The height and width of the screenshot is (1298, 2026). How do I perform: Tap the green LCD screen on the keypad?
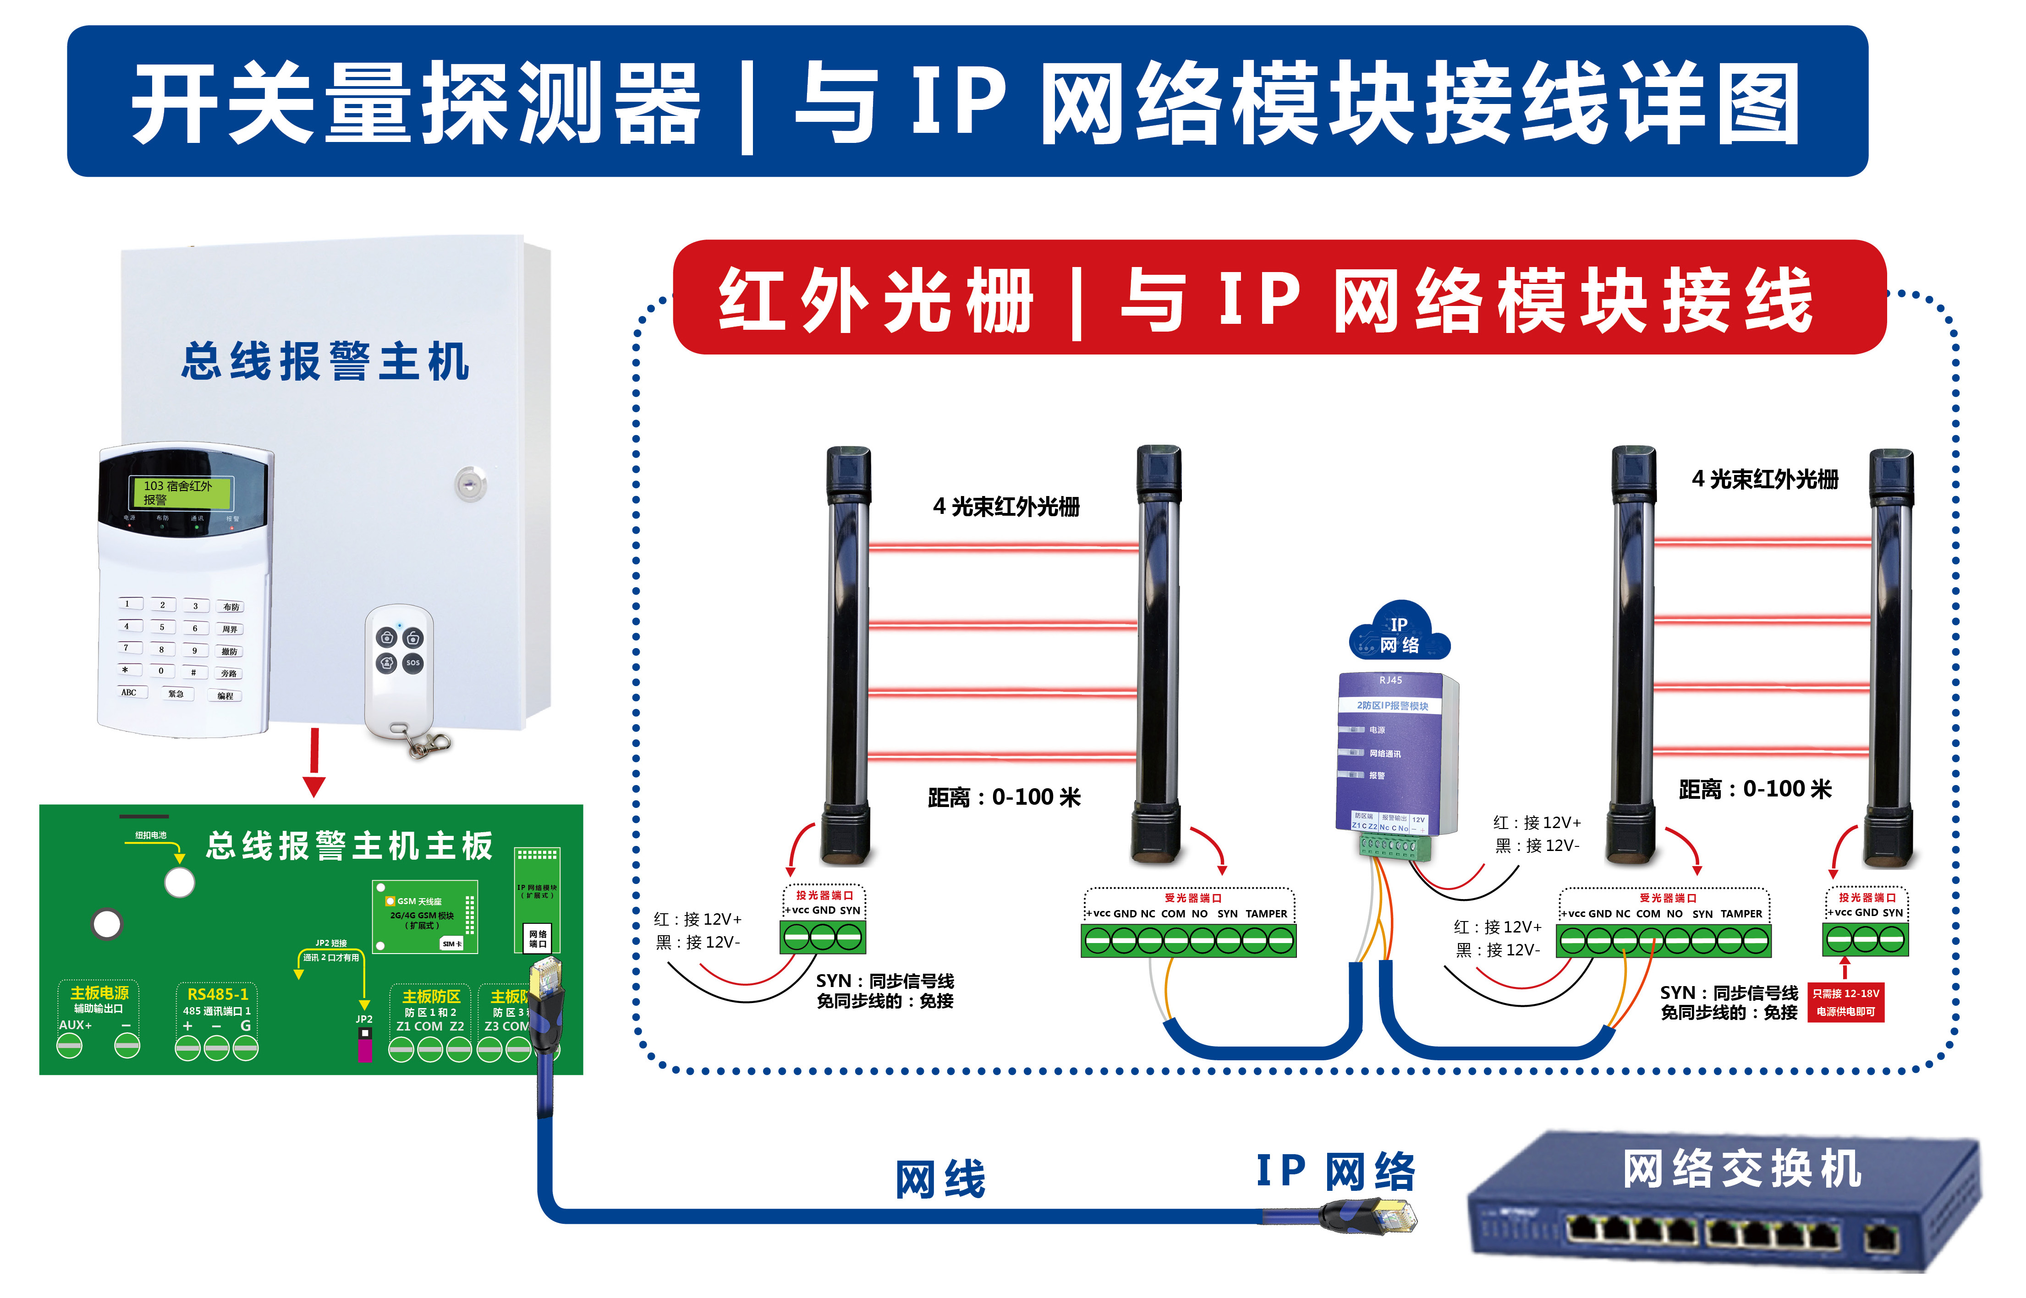(180, 492)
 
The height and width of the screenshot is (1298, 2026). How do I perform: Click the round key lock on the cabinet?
(471, 484)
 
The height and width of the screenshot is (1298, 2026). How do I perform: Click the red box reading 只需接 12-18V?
(1845, 1002)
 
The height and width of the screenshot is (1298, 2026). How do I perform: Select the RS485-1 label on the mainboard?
(218, 995)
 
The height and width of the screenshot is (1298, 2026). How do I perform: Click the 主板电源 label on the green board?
(99, 993)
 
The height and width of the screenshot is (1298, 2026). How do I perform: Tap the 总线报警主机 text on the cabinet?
(324, 361)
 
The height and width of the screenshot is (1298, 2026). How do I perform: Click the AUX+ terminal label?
(75, 1025)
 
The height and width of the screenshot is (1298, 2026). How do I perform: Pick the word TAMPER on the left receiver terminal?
(1266, 914)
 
